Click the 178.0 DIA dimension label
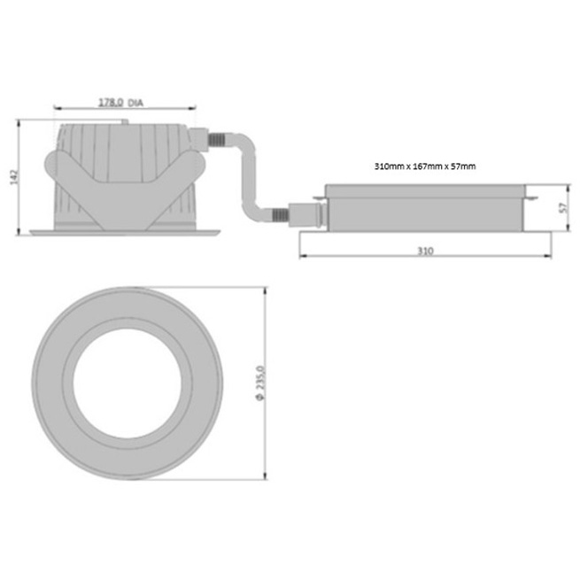[120, 103]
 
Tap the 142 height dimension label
[13, 178]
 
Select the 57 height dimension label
[563, 207]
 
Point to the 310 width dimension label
[425, 251]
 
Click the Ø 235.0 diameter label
[260, 383]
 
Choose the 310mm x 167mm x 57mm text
[425, 166]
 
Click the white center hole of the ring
[128, 383]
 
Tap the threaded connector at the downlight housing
[217, 141]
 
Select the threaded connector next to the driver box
[280, 214]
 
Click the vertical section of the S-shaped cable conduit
[249, 178]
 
